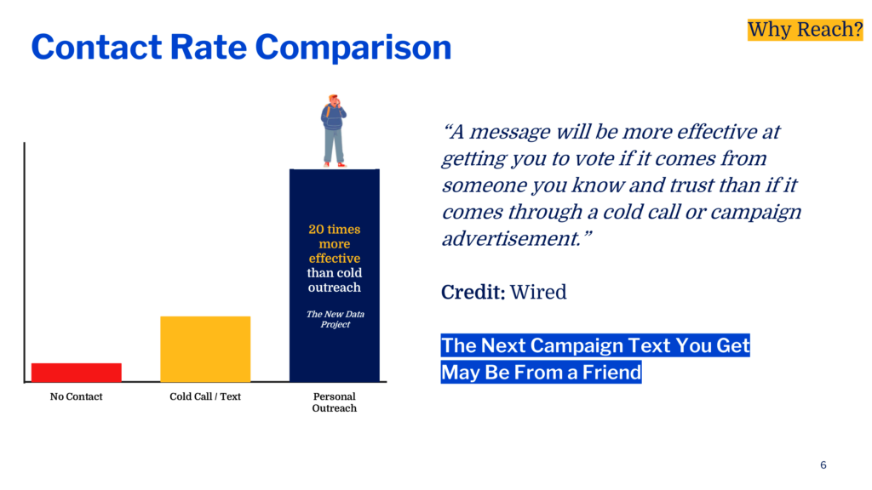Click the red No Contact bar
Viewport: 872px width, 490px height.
76,373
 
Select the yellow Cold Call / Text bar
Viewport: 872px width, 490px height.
205,349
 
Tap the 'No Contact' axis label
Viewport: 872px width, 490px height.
76,396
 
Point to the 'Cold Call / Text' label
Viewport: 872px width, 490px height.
205,396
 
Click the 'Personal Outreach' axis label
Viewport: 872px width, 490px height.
334,402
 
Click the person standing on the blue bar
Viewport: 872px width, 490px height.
334,131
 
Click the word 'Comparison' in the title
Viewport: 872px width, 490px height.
353,48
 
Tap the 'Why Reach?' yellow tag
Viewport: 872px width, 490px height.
805,30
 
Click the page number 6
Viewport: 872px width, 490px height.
823,465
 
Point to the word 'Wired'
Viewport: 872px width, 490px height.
538,293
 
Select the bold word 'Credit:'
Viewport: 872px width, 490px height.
473,293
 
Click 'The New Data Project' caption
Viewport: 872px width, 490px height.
335,319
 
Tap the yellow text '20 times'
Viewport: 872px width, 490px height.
334,229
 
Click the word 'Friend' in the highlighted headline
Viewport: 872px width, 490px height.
611,373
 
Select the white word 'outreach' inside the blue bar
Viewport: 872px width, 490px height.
334,288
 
